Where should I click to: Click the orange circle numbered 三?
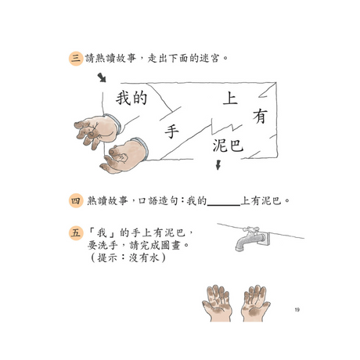point(76,59)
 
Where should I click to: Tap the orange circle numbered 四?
point(76,200)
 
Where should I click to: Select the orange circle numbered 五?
point(76,232)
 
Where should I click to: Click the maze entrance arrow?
point(102,77)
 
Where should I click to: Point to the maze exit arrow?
point(218,165)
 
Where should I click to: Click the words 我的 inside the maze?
point(131,98)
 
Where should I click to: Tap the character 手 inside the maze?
point(171,131)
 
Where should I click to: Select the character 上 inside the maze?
point(230,99)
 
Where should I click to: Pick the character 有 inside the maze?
point(260,117)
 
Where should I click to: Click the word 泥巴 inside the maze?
point(228,146)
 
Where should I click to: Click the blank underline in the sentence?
point(224,206)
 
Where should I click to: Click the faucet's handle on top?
point(250,230)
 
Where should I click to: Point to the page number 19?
point(297,310)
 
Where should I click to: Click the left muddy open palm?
point(217,304)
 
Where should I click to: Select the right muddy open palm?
point(255,304)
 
